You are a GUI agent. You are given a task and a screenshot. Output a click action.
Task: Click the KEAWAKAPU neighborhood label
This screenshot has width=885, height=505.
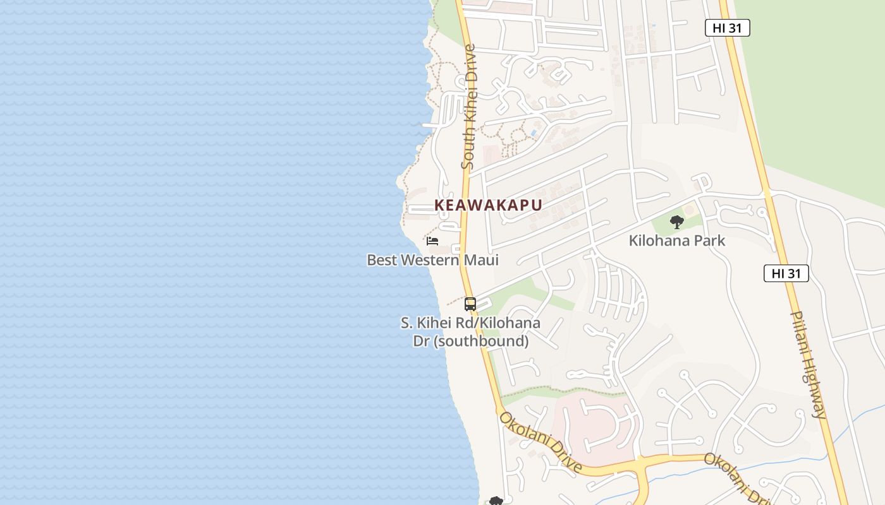488,205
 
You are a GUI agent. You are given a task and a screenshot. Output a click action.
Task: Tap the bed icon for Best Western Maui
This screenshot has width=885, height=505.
432,241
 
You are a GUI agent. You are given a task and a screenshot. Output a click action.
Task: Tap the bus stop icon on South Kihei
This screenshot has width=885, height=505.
470,304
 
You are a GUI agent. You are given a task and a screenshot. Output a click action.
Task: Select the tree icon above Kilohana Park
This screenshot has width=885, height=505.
677,222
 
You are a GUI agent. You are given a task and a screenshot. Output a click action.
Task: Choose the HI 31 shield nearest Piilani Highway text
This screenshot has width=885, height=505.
786,273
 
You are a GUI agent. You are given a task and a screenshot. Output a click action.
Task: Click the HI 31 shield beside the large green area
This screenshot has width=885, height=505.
727,28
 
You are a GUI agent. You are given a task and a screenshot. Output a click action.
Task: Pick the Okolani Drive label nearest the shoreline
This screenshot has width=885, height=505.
540,442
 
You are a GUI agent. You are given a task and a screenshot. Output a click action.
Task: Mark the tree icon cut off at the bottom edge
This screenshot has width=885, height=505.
496,501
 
